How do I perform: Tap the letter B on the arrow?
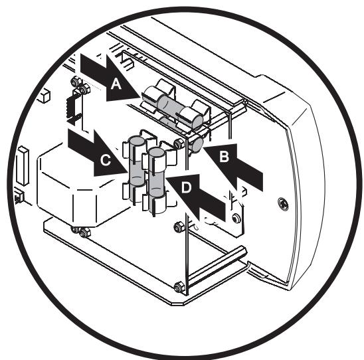click(x=225, y=157)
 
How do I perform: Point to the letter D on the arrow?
click(x=187, y=189)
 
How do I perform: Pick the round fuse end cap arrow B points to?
click(x=197, y=143)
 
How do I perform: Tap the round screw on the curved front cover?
click(x=284, y=203)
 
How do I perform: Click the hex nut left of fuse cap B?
click(x=178, y=143)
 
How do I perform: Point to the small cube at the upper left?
click(x=44, y=96)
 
